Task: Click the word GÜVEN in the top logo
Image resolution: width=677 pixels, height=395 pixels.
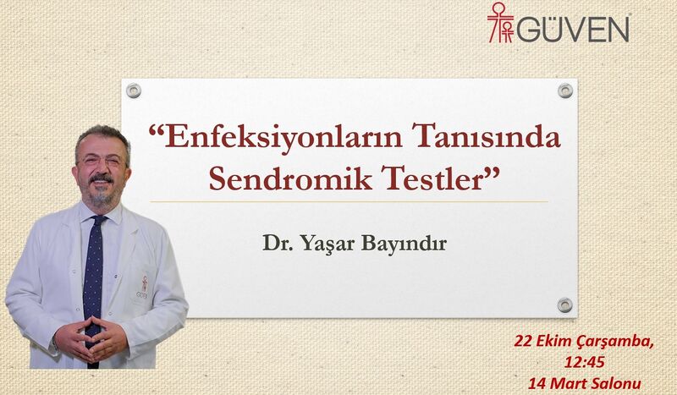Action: [573, 29]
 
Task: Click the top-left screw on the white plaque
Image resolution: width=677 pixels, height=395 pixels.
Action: [134, 90]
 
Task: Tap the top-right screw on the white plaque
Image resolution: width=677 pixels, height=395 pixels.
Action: [564, 90]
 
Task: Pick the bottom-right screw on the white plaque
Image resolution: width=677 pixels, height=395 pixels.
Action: [564, 304]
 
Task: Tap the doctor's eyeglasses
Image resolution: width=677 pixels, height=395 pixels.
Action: [102, 158]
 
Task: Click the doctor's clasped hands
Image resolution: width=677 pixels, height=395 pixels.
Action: [94, 337]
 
